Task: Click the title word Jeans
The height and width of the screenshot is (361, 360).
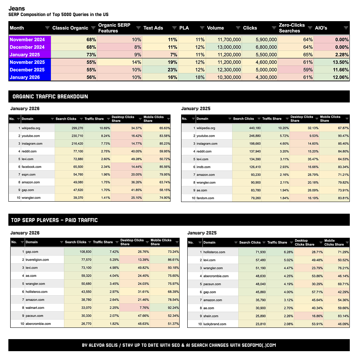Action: point(17,8)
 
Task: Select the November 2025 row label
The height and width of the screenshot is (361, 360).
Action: point(27,62)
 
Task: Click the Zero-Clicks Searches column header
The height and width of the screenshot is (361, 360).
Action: point(291,28)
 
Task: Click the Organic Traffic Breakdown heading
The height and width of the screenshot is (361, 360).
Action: point(50,97)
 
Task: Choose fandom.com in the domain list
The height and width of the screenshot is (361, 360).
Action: point(206,198)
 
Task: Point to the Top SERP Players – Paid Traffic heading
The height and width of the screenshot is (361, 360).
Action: point(54,220)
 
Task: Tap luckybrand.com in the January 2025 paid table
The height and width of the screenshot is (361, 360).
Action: point(215,324)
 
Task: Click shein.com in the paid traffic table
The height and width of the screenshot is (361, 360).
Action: point(211,316)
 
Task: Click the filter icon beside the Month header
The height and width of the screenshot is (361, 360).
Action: point(47,28)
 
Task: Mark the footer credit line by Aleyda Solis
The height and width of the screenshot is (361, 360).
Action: point(179,345)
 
